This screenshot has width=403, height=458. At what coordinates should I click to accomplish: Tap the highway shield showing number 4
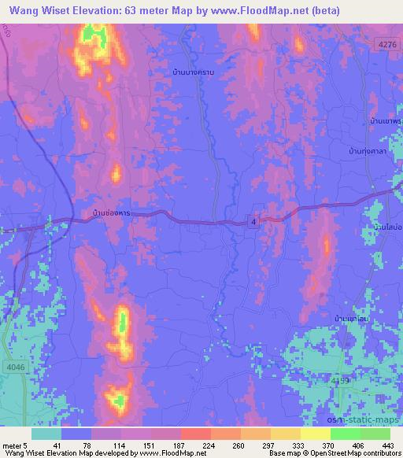pos(253,223)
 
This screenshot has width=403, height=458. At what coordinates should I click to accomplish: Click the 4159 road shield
pos(340,381)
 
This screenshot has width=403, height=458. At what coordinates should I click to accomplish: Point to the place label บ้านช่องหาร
pos(111,213)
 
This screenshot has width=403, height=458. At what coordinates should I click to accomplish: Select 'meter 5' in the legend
pos(13,445)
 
